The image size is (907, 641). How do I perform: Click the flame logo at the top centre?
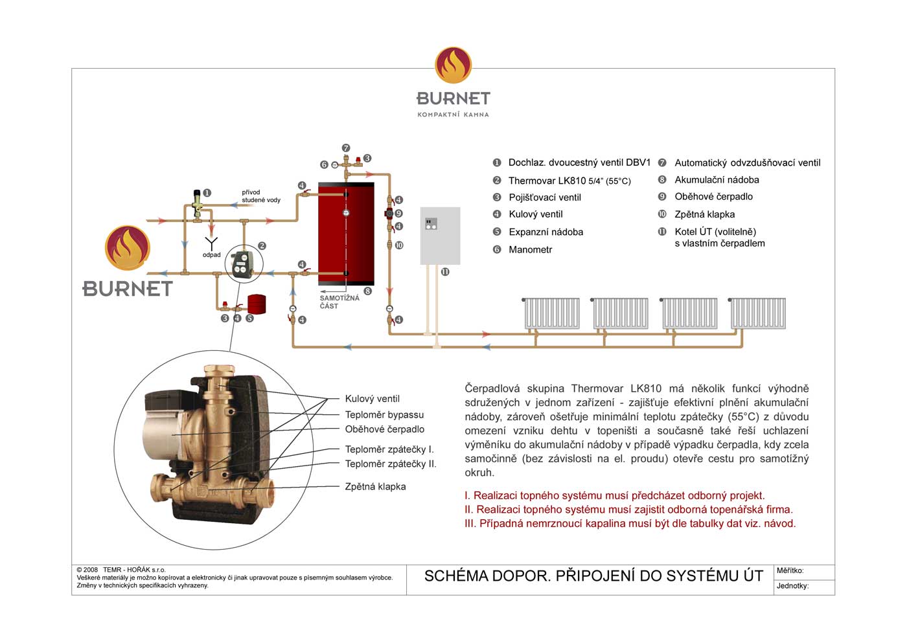[x=453, y=65]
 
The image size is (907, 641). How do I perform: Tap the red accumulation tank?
[x=346, y=234]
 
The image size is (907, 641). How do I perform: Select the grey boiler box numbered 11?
[x=440, y=236]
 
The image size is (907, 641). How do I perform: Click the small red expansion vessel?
[x=257, y=304]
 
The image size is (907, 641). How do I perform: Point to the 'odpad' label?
[x=211, y=255]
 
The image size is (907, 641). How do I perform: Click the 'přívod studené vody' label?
[x=261, y=196]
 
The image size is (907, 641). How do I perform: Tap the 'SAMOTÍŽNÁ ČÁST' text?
[x=339, y=302]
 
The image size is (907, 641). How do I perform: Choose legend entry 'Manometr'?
[x=530, y=250]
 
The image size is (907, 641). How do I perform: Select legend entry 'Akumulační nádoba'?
[x=717, y=180]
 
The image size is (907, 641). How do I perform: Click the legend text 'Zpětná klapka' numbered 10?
[x=705, y=214]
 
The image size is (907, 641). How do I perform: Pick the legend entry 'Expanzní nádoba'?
[x=545, y=232]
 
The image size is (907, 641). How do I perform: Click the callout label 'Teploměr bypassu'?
[x=384, y=415]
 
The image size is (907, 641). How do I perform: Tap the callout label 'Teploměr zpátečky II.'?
[x=391, y=464]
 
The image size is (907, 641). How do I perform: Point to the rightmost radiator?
[x=758, y=313]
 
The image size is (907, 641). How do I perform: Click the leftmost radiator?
[x=551, y=313]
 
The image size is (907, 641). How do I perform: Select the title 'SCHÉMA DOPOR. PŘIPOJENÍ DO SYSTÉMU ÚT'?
[x=593, y=576]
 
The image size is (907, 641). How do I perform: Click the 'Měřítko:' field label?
[x=790, y=570]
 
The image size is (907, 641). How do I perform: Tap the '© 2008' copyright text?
[x=87, y=570]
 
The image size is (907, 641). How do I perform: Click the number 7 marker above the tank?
[x=346, y=148]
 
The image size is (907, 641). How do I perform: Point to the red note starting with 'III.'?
[x=630, y=524]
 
